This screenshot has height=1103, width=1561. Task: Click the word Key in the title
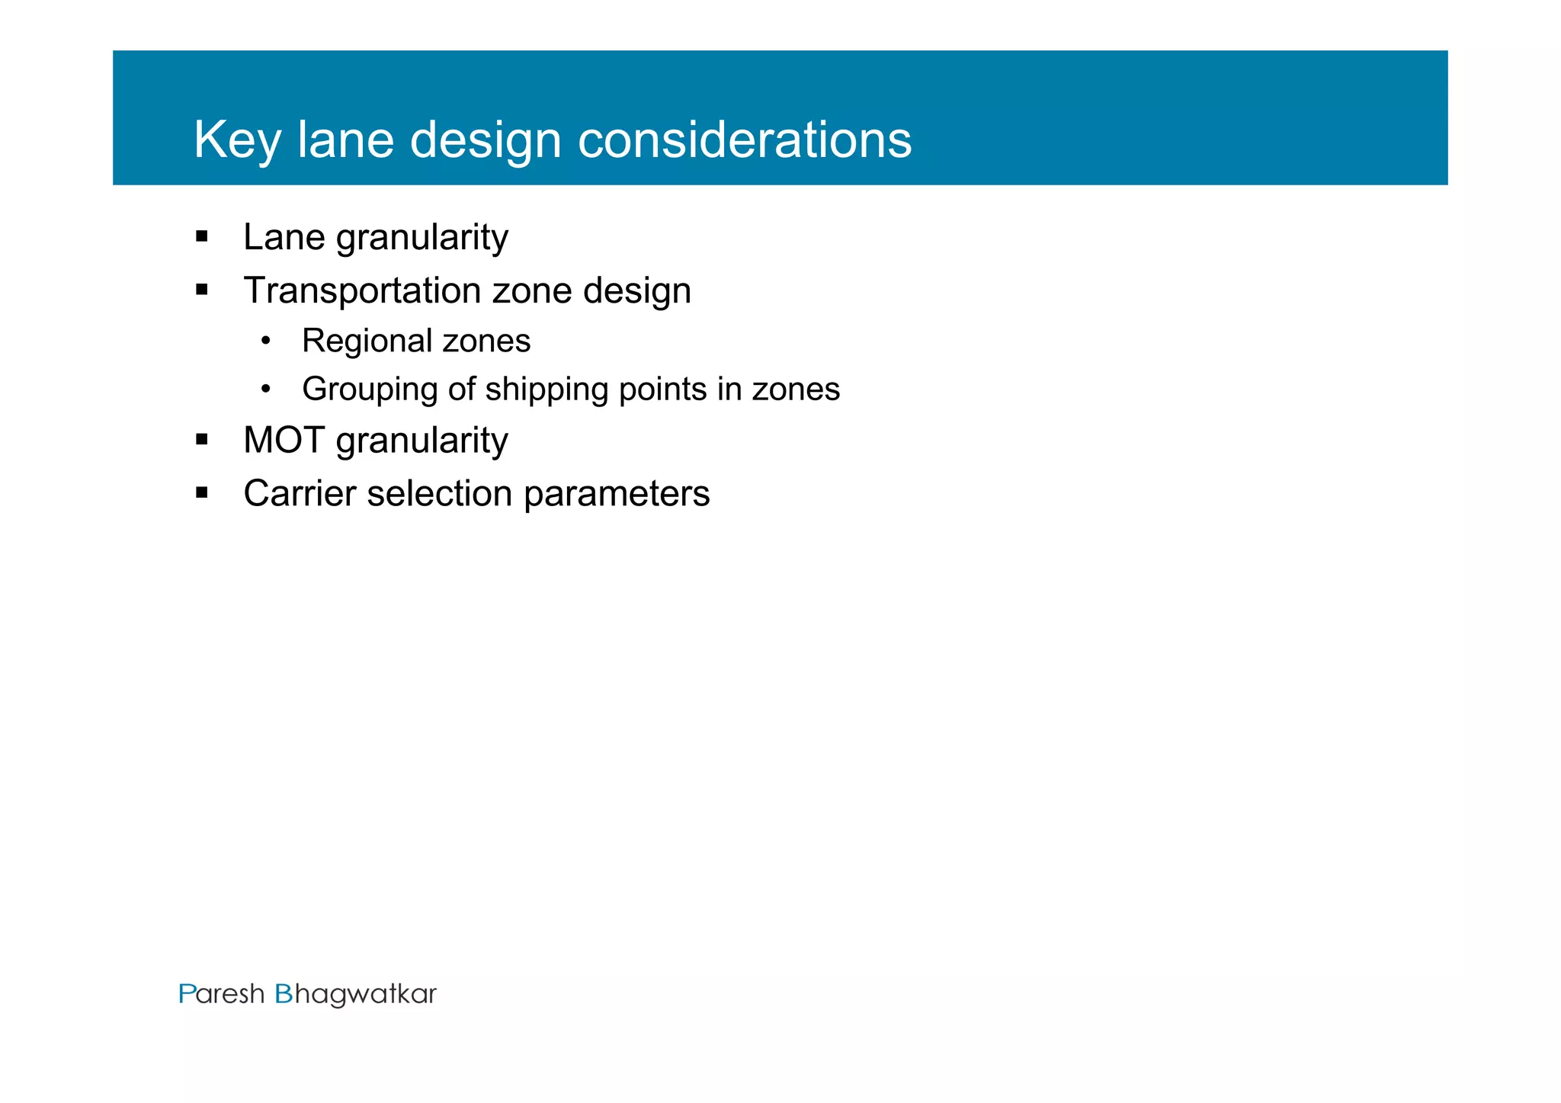[237, 140]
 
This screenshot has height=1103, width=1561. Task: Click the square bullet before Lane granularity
[202, 236]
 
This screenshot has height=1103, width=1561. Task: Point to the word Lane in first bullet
[284, 237]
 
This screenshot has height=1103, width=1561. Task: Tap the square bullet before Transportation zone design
[202, 290]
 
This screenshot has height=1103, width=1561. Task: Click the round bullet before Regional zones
[265, 341]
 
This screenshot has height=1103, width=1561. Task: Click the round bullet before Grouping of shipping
[265, 390]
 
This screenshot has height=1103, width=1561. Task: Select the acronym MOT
[284, 441]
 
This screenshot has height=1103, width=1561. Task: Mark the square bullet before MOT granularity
[202, 440]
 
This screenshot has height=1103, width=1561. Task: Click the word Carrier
[300, 493]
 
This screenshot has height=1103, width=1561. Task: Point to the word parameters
[617, 494]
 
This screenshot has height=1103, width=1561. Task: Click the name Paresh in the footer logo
[222, 994]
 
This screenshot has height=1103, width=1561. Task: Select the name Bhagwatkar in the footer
[355, 995]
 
